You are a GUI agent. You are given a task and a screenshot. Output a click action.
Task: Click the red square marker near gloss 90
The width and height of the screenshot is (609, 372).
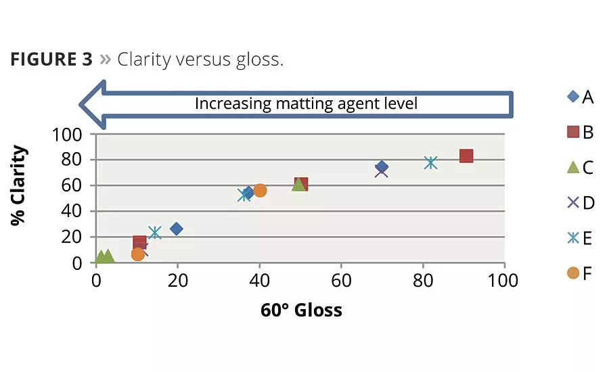(x=466, y=156)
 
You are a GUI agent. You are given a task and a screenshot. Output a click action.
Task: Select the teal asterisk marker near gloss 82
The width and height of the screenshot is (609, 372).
(x=431, y=163)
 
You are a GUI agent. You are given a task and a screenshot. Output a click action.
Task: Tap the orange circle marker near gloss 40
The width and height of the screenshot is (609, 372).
(x=260, y=190)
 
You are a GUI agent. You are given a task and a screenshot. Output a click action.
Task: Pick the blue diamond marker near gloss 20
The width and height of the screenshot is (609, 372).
(x=177, y=229)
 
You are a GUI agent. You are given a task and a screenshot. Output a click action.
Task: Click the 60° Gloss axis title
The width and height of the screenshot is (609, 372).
(x=301, y=310)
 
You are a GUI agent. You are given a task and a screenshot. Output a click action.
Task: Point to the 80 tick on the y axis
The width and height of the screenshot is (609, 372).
(x=72, y=160)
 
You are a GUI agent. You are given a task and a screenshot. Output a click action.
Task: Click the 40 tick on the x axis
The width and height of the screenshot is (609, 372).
(x=259, y=280)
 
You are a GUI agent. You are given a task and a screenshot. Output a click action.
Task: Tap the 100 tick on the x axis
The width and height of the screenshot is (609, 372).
(x=504, y=280)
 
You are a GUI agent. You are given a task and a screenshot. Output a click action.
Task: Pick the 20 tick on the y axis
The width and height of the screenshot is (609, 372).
(x=72, y=237)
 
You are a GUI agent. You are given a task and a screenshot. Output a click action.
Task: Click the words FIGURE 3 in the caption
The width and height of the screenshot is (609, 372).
(x=51, y=60)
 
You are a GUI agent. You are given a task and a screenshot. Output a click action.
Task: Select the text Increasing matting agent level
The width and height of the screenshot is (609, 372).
(x=306, y=103)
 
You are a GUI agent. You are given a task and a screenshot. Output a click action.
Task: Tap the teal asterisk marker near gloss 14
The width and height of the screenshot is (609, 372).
(x=155, y=233)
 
